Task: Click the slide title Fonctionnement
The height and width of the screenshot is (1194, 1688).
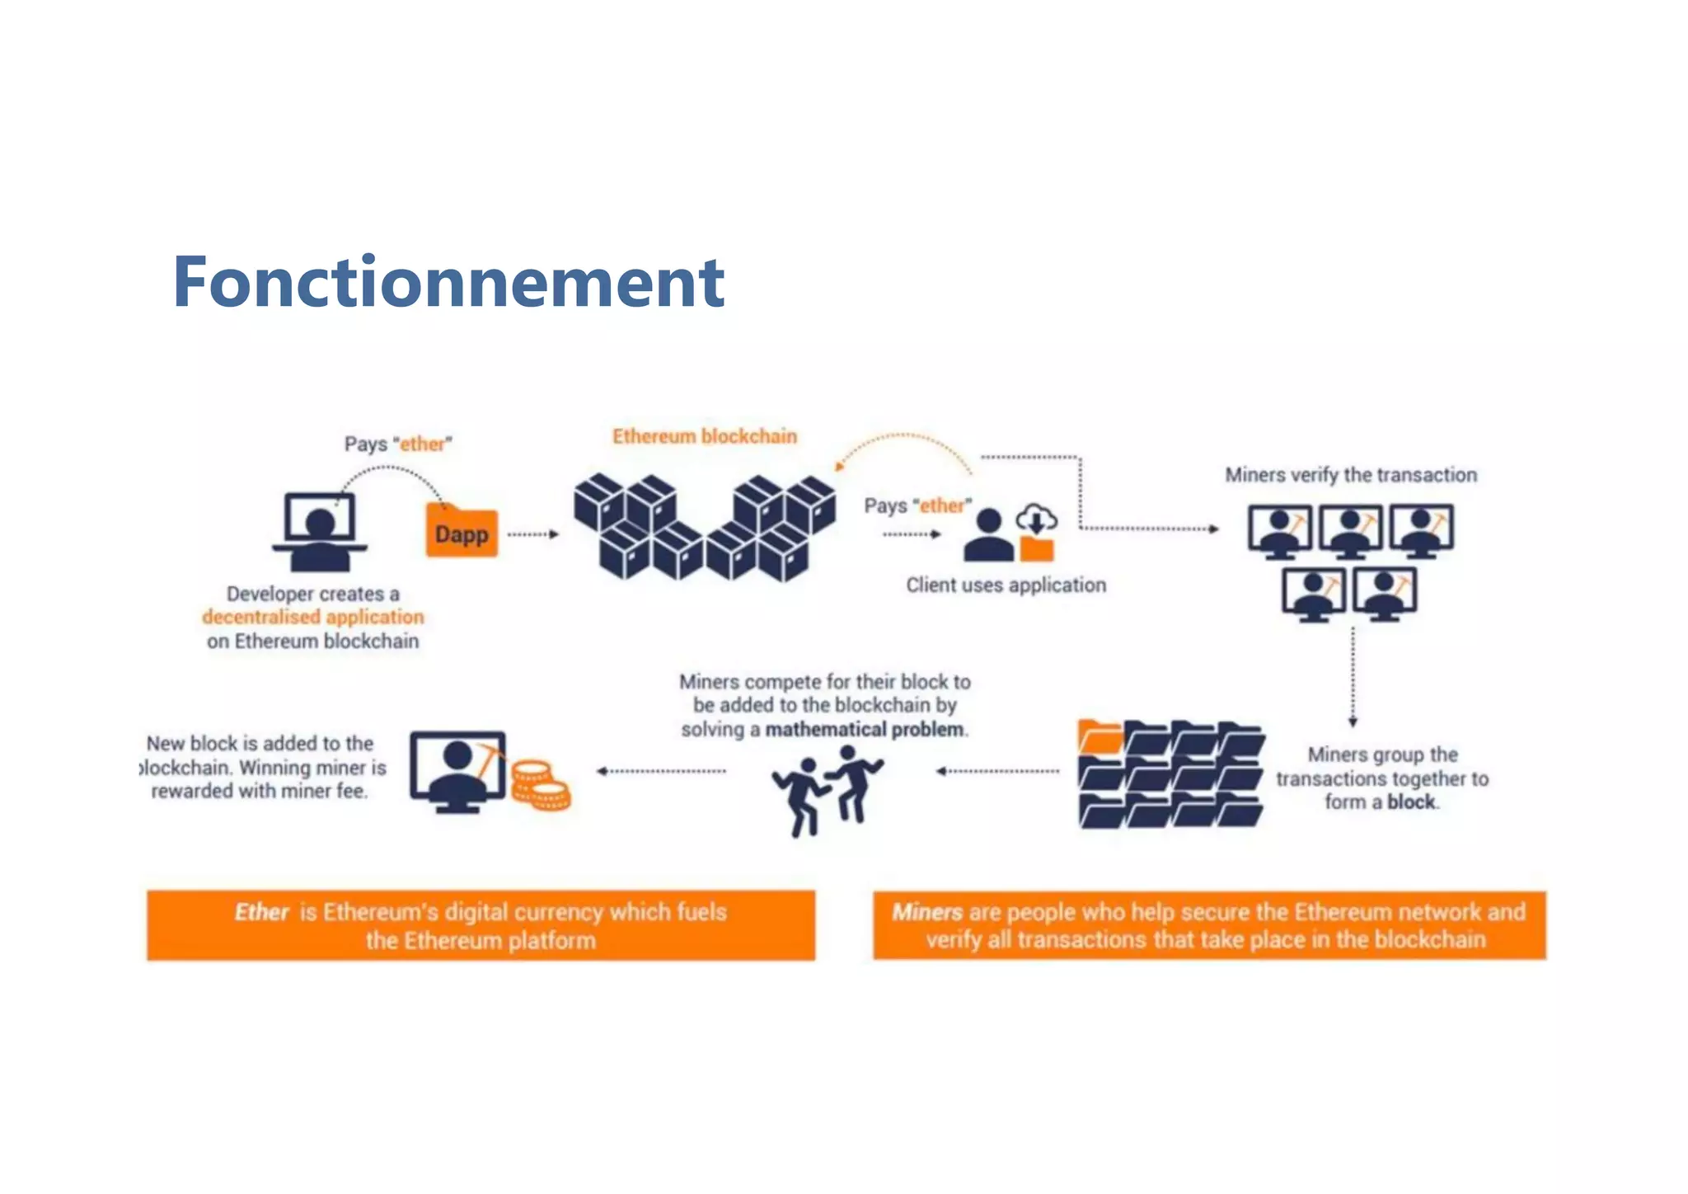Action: (x=448, y=283)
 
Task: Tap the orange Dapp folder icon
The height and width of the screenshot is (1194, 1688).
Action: (x=462, y=532)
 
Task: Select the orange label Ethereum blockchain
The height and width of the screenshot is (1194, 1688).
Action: (x=704, y=436)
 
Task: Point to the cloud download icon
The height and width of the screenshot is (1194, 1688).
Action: (x=1036, y=519)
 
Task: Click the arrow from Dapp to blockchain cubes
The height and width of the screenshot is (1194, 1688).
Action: (x=532, y=534)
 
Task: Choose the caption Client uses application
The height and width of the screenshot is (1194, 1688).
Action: (x=1006, y=585)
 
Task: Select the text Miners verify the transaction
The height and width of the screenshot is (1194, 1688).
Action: (x=1350, y=475)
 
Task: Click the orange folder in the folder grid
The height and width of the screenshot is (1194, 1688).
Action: (x=1100, y=736)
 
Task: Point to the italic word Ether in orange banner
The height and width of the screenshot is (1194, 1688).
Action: (x=261, y=912)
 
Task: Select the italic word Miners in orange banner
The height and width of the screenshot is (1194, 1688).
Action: (x=926, y=912)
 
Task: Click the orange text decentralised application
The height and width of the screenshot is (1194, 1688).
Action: (x=312, y=617)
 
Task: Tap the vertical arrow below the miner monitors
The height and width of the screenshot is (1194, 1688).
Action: (x=1353, y=676)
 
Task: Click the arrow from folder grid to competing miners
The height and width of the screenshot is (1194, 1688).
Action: (x=997, y=771)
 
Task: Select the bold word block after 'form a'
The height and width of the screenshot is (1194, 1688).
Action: (x=1410, y=801)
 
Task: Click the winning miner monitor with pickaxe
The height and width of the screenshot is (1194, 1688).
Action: (x=458, y=771)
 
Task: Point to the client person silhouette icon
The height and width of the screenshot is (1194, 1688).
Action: (x=988, y=536)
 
